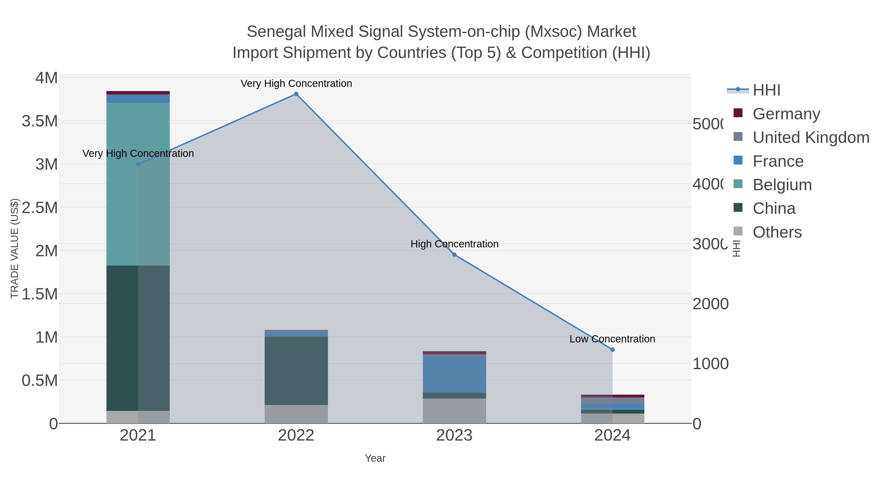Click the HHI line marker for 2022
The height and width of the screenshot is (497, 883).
296,94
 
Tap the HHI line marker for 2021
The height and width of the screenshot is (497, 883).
138,164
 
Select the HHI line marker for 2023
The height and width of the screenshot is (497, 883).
454,255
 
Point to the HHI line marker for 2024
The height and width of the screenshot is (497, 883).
612,349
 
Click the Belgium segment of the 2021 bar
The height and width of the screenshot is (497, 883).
138,184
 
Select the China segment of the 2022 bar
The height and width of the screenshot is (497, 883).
296,370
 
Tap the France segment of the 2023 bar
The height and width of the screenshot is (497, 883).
454,374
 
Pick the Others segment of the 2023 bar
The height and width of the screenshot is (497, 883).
454,411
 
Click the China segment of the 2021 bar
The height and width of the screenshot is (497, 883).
138,338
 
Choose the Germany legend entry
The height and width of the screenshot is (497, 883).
786,114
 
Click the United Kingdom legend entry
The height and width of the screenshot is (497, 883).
811,137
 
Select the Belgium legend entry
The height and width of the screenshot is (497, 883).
782,185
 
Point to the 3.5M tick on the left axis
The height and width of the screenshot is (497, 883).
40,121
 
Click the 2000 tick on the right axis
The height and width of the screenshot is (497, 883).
710,304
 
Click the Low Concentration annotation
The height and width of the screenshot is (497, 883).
612,339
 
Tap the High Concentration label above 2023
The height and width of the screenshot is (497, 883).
454,244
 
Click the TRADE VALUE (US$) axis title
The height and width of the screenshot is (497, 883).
14,248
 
